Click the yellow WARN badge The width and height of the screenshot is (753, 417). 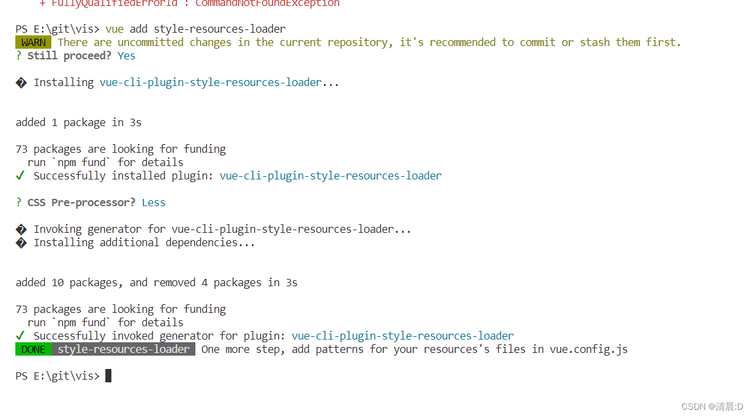click(x=33, y=43)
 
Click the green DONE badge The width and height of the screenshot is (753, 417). click(x=33, y=350)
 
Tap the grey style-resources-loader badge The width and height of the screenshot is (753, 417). click(x=123, y=350)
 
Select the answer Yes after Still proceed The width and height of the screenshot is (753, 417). click(x=126, y=56)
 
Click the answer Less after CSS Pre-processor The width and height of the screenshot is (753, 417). click(x=153, y=203)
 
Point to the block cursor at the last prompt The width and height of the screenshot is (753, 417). click(x=108, y=376)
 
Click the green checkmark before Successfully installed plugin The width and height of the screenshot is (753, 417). click(x=20, y=176)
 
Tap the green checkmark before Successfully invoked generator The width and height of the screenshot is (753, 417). click(x=20, y=336)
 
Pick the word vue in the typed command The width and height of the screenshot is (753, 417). click(x=114, y=29)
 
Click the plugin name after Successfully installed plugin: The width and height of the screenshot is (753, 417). click(x=330, y=176)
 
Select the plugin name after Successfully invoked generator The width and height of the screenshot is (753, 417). click(x=402, y=336)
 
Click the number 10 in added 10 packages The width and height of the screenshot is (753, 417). click(x=57, y=283)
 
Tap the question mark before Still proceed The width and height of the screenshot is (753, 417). click(x=19, y=56)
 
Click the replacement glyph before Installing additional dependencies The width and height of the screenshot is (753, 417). click(x=21, y=243)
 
